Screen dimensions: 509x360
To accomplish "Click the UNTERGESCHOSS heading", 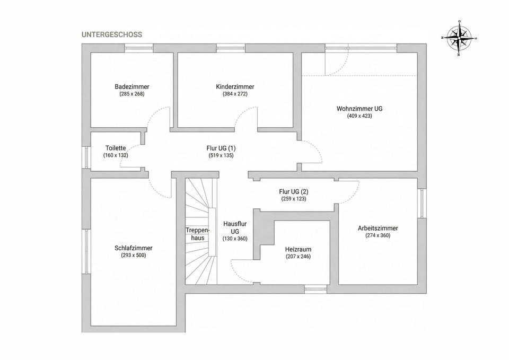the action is pyautogui.click(x=112, y=34).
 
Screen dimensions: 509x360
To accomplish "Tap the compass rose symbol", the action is pyautogui.click(x=459, y=38).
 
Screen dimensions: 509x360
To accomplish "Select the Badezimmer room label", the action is pyautogui.click(x=132, y=86).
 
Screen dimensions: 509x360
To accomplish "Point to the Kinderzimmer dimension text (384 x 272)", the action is pyautogui.click(x=235, y=94).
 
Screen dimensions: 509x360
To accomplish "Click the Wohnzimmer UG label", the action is pyautogui.click(x=359, y=108).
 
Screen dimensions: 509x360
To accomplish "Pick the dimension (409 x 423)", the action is pyautogui.click(x=359, y=116).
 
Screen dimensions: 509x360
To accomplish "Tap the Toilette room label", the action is pyautogui.click(x=116, y=148).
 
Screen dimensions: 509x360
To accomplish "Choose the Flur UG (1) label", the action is pyautogui.click(x=221, y=148).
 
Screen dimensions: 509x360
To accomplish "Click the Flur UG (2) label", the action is pyautogui.click(x=294, y=191).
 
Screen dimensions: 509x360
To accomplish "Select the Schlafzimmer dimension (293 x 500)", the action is pyautogui.click(x=134, y=255).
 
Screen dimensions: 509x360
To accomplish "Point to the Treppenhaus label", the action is pyautogui.click(x=198, y=234).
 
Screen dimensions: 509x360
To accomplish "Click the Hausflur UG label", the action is pyautogui.click(x=235, y=227).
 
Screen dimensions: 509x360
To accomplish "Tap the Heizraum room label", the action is pyautogui.click(x=299, y=249).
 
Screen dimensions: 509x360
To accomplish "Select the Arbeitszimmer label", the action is pyautogui.click(x=378, y=228).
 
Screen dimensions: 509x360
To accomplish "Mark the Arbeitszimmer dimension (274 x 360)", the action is pyautogui.click(x=378, y=235).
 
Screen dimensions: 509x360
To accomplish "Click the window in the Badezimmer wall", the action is pyautogui.click(x=139, y=48).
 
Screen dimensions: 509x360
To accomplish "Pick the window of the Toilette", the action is pyautogui.click(x=86, y=157).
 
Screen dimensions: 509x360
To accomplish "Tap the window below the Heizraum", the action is pyautogui.click(x=315, y=289).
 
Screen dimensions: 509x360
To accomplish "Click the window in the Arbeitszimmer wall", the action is pyautogui.click(x=422, y=203).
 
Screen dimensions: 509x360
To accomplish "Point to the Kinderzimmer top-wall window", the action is pyautogui.click(x=231, y=48).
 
